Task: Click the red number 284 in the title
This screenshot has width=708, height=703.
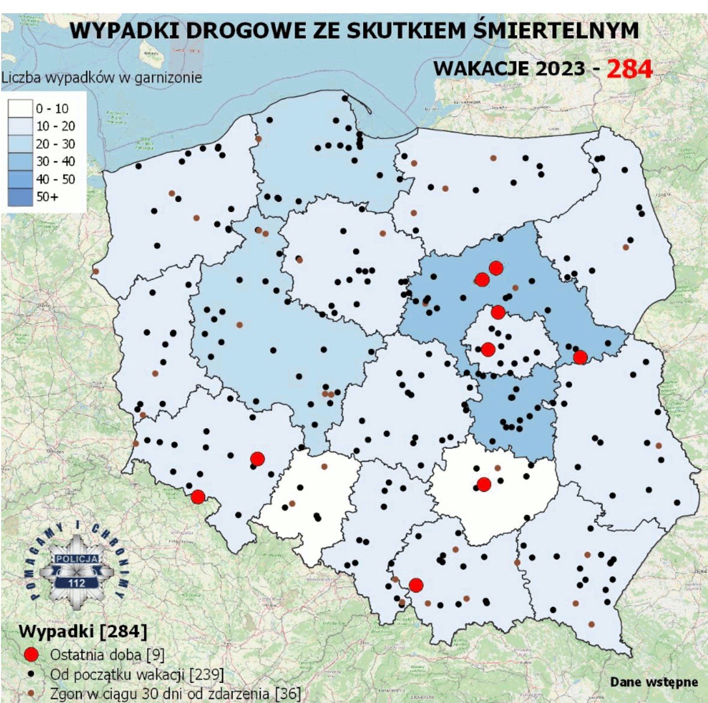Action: tap(630, 69)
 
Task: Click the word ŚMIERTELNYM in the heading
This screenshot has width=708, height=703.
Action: tap(556, 30)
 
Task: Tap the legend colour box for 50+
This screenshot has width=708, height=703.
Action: tap(20, 197)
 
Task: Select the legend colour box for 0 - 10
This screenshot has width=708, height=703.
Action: tap(20, 108)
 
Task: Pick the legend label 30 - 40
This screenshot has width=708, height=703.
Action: tap(55, 161)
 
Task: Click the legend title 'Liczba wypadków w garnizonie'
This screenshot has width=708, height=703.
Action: tap(102, 78)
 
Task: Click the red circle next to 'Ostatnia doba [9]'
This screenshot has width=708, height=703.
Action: tap(31, 654)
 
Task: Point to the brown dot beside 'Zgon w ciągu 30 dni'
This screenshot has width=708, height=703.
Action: tap(31, 692)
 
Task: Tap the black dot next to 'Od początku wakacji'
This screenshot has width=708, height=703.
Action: tap(31, 674)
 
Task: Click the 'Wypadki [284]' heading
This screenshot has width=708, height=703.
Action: tap(83, 631)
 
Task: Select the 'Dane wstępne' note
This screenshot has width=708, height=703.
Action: tap(654, 681)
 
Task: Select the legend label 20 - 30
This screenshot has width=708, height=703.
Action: tap(55, 144)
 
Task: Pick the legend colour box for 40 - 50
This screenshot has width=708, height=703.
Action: tap(20, 179)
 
